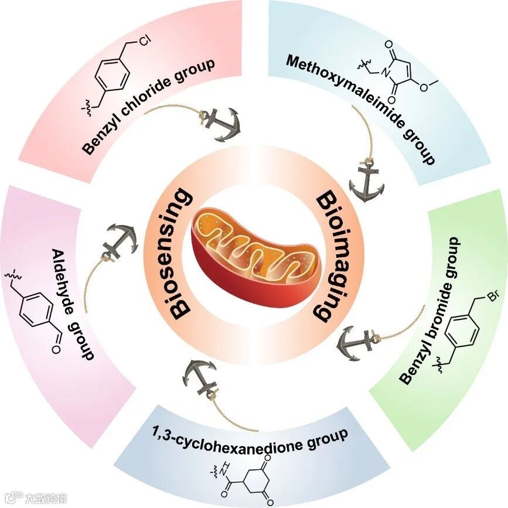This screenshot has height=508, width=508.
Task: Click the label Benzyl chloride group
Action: (x=148, y=107)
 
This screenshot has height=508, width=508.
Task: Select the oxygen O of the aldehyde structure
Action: (x=56, y=351)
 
